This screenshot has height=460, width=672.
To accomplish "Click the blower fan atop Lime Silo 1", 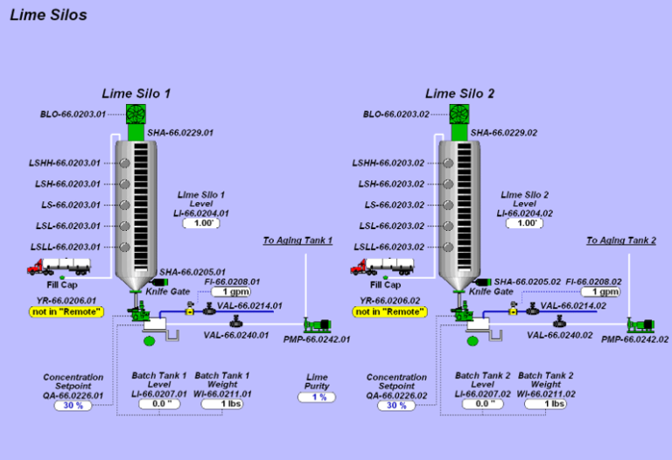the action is [x=136, y=114].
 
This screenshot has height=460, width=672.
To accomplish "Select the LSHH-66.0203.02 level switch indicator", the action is [x=448, y=164].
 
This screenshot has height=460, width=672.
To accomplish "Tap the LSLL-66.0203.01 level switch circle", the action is [x=125, y=247].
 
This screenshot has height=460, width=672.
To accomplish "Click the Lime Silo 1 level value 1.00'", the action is [x=201, y=223].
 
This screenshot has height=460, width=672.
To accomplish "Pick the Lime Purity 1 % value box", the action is [x=317, y=397].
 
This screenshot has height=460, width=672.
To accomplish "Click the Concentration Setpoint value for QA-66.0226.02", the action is [x=396, y=405].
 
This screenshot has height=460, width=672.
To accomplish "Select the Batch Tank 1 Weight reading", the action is [x=222, y=404].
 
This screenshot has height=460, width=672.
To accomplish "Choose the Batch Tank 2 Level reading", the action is [x=483, y=404].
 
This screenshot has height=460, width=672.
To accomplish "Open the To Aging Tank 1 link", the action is [x=297, y=240].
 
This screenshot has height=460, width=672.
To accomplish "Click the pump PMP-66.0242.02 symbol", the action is [x=640, y=324].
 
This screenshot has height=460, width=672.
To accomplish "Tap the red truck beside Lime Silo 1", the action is [x=59, y=267].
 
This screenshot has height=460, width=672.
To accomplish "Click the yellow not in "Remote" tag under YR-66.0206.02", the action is [x=390, y=312].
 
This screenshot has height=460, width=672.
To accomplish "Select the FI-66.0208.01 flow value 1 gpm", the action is [x=231, y=292].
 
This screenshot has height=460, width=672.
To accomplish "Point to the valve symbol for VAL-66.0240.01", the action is [x=235, y=322].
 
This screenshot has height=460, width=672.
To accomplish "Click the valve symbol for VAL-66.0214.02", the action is [x=533, y=309].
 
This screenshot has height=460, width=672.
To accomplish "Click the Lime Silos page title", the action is [x=48, y=15].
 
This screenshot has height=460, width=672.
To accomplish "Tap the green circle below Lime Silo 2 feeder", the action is [x=472, y=341].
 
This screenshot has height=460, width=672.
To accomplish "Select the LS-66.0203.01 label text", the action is [x=71, y=206].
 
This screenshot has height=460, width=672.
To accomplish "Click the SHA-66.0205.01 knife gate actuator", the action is [x=160, y=282].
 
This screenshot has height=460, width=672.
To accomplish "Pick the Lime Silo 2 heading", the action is [x=459, y=94].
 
